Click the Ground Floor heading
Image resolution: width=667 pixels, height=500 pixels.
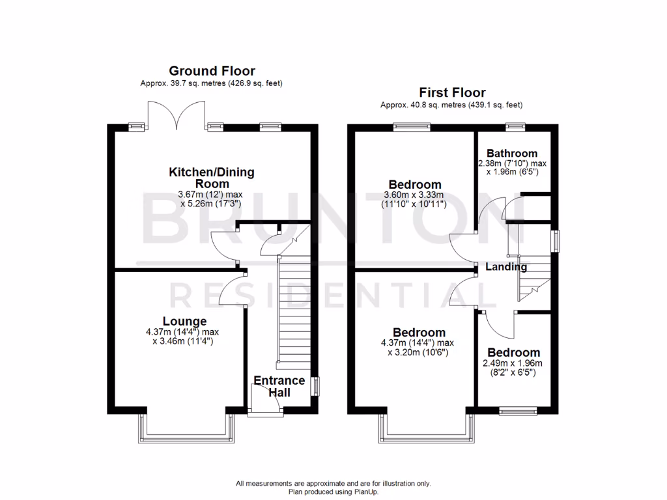(212, 71)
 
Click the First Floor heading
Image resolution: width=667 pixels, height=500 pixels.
(452, 92)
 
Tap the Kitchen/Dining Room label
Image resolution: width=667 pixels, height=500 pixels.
(212, 178)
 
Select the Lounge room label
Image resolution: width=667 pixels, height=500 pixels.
(184, 321)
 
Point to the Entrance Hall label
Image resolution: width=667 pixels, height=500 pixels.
(279, 386)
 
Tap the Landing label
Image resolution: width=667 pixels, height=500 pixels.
(506, 267)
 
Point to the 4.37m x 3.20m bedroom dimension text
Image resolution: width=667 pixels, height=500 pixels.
(417, 348)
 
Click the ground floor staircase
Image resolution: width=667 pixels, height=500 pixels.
(292, 312)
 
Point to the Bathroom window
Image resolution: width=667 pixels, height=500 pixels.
(516, 126)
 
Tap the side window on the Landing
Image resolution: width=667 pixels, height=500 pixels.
(555, 240)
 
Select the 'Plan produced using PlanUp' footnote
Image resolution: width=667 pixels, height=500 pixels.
(333, 492)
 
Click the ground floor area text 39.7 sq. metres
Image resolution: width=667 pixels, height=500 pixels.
(212, 83)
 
